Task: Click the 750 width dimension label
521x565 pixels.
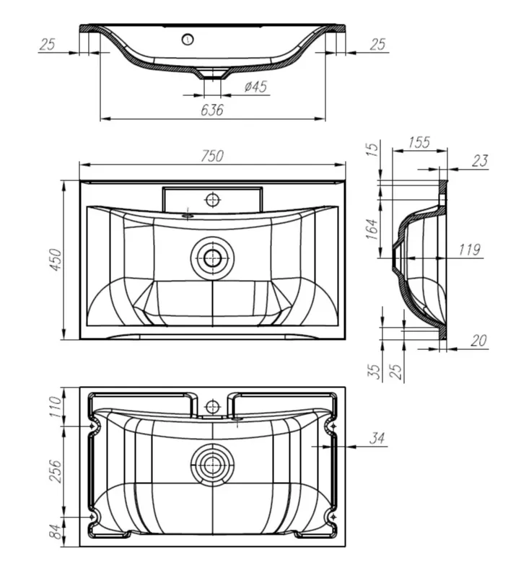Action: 212,156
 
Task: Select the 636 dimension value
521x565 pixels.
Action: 212,110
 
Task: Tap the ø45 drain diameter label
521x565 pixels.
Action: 256,87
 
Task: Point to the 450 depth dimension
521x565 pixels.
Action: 56,260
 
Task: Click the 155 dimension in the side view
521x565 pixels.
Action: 419,142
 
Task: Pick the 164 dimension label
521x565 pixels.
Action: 372,229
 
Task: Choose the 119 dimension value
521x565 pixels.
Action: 470,250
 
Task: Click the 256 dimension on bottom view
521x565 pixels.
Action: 55,470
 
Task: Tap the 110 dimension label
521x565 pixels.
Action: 55,407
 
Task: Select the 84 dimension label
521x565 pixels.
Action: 55,532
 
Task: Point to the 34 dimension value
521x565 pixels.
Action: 377,438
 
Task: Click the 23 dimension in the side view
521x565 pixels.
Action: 481,161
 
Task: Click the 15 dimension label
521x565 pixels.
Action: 373,149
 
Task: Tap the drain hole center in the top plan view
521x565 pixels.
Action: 212,258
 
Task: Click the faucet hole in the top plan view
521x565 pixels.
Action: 212,200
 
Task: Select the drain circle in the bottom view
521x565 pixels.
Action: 212,465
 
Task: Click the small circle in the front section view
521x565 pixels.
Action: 188,39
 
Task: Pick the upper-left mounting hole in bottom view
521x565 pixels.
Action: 92,426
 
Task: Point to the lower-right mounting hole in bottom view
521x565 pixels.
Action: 333,517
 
